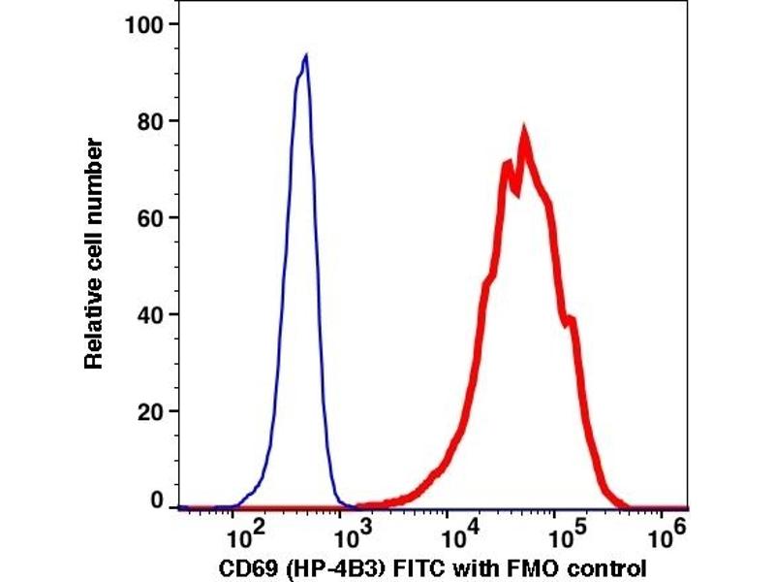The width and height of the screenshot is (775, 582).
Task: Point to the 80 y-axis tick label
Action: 150,120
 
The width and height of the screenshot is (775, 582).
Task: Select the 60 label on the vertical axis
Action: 150,217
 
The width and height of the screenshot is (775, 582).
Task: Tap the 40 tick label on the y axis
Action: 150,314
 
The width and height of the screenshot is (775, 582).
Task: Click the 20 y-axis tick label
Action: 150,411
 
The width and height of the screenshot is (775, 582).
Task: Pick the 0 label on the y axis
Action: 156,502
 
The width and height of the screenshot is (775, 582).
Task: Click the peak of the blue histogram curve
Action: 305,56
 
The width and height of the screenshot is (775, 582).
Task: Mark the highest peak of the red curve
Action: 524,131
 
